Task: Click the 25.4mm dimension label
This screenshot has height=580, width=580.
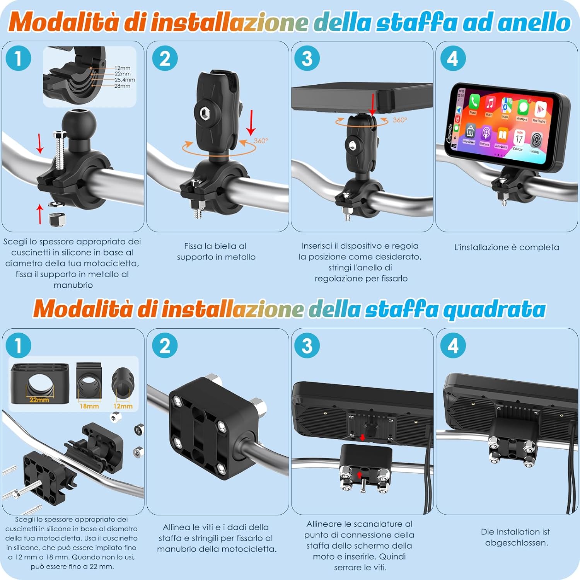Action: click(x=125, y=80)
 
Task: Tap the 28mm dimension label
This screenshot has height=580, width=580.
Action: click(x=122, y=86)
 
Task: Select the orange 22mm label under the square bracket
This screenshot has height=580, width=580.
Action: click(x=39, y=399)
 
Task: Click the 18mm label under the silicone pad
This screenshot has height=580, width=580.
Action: click(x=89, y=406)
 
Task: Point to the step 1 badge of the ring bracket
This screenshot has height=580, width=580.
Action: click(x=18, y=58)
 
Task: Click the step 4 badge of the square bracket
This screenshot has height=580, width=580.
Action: click(x=453, y=345)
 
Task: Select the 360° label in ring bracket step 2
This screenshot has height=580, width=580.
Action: click(x=261, y=141)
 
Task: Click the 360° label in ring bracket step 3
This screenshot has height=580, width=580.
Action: click(x=400, y=120)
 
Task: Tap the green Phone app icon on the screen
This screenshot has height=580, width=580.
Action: click(x=474, y=102)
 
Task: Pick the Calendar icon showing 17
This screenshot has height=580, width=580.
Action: click(x=519, y=139)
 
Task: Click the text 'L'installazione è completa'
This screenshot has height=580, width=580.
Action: click(x=507, y=247)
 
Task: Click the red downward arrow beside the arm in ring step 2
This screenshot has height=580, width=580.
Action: click(x=251, y=122)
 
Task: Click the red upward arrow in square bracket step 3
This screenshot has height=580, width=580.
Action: click(x=359, y=475)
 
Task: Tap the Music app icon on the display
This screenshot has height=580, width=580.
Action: click(x=490, y=105)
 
